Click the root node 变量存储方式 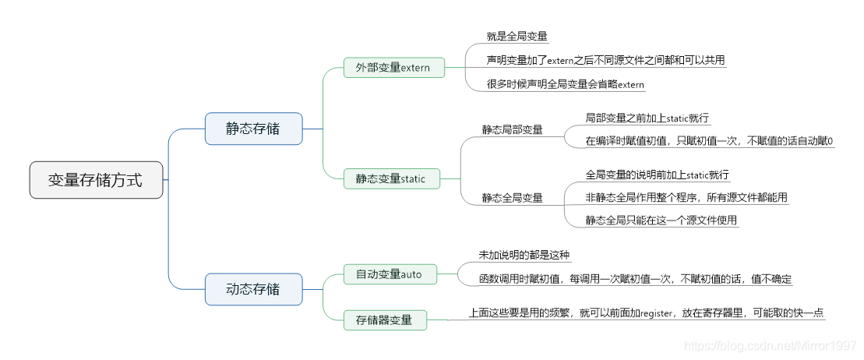[96, 180]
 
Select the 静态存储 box [253, 129]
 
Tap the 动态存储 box [253, 289]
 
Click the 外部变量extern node [393, 68]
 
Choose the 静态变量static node [391, 178]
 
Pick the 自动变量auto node [389, 274]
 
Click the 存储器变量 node [384, 319]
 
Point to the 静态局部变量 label [512, 129]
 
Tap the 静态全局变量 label [512, 197]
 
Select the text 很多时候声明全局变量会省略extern [566, 84]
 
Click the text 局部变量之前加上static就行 [647, 118]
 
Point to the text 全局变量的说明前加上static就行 [657, 175]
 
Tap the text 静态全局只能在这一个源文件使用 [661, 221]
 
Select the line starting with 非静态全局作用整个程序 [686, 197]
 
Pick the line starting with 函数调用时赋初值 [635, 278]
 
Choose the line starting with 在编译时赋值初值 [709, 141]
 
